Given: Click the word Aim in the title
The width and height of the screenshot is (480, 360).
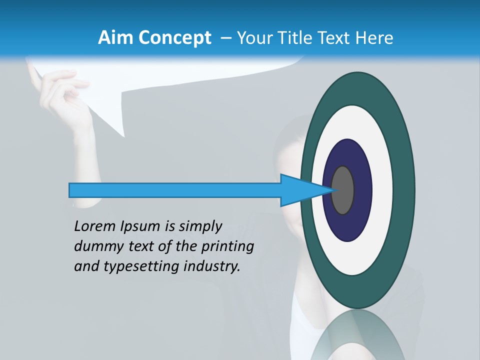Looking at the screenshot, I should pos(116,38).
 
